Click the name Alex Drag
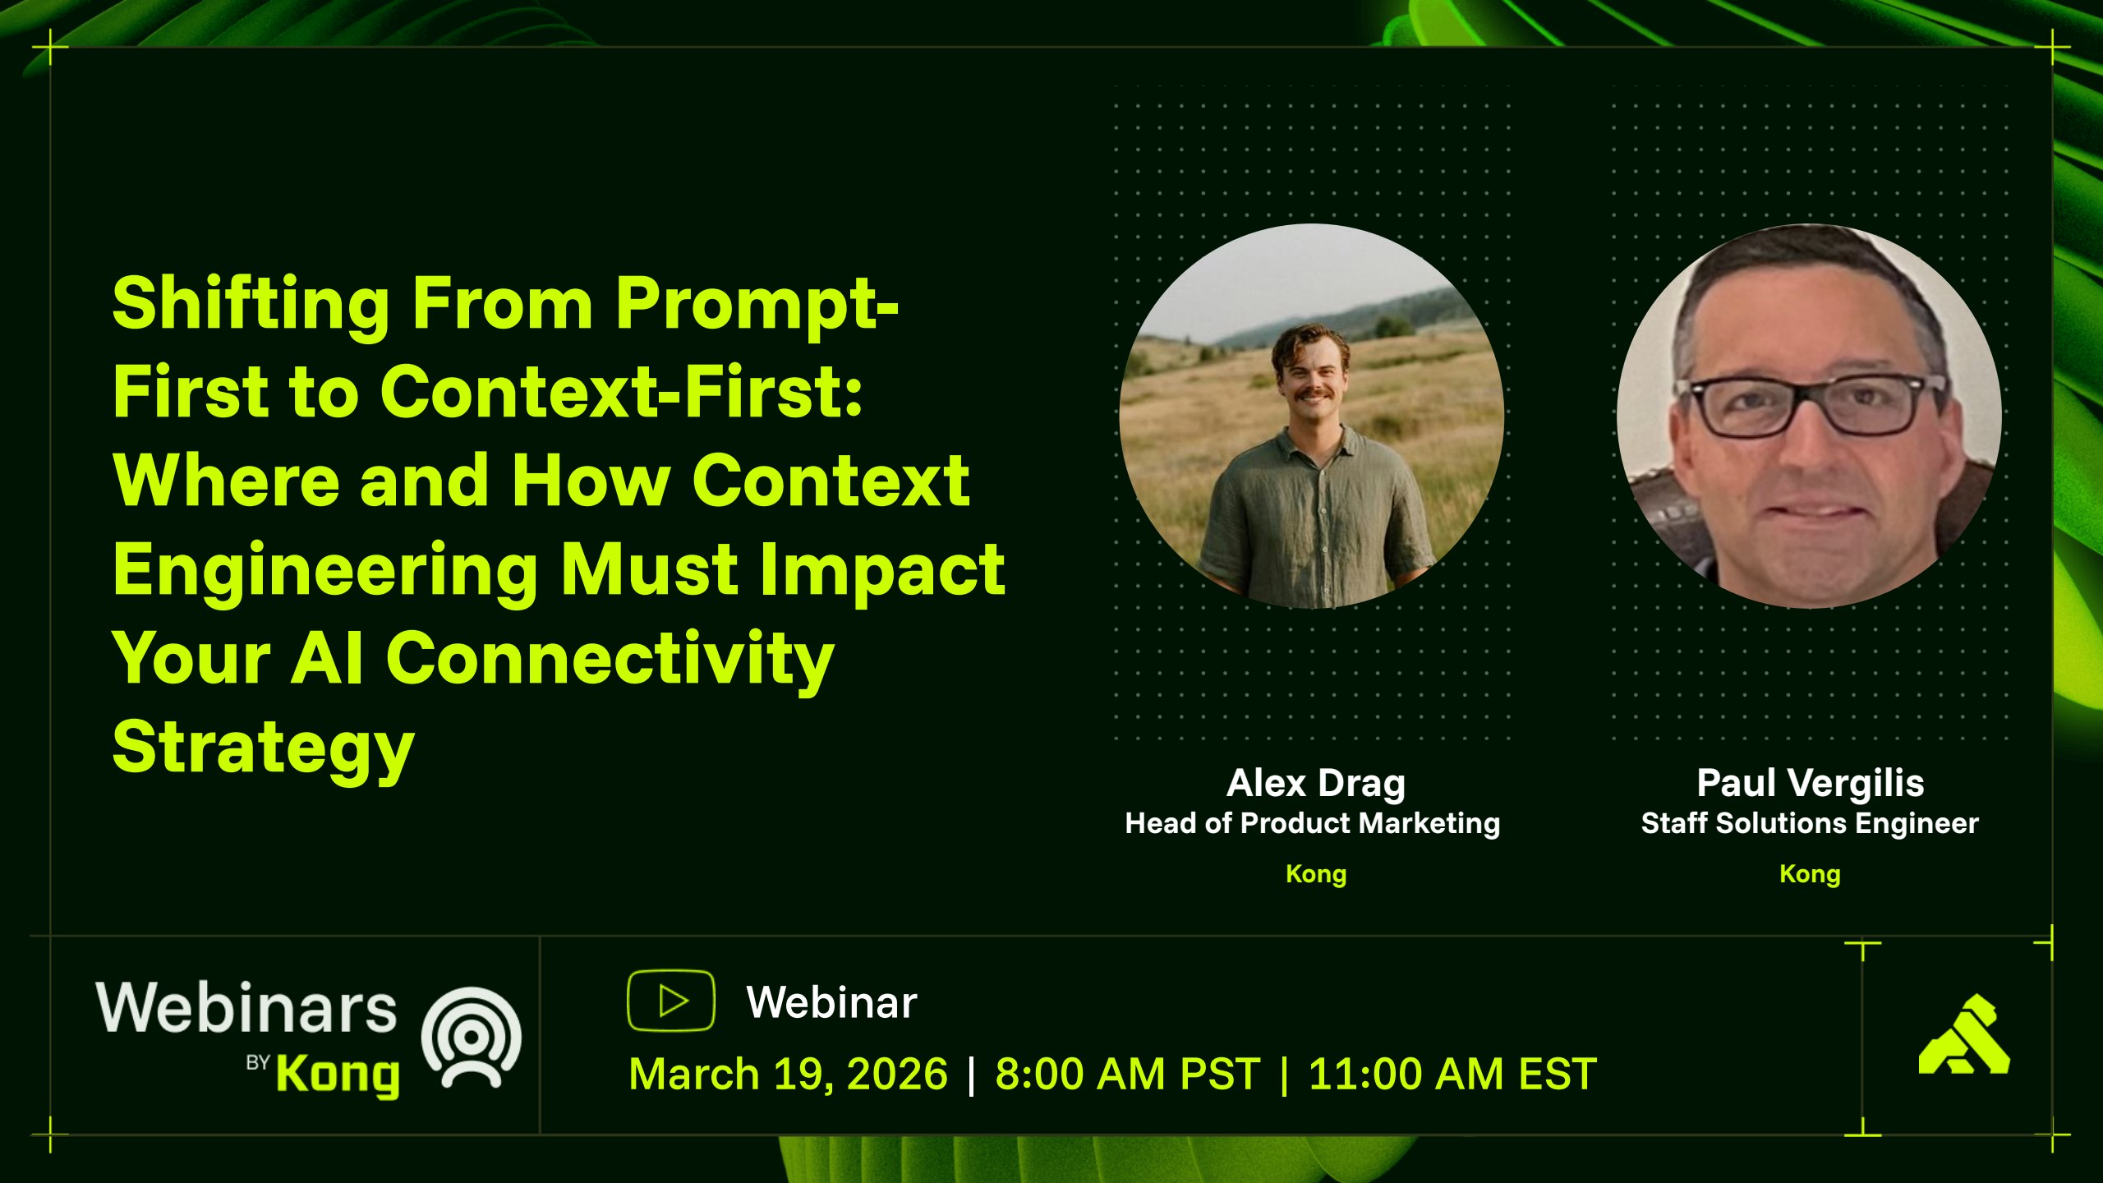click(1316, 783)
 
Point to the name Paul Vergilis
click(1811, 783)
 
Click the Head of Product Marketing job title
click(1313, 823)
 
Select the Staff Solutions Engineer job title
click(1810, 823)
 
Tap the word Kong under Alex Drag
click(1316, 874)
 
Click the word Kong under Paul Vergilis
click(1810, 874)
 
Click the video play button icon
click(671, 1001)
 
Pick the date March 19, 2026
click(789, 1075)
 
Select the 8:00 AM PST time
click(1127, 1075)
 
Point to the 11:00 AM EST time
click(1452, 1075)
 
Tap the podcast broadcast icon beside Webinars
click(472, 1038)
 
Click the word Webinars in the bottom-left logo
click(246, 1008)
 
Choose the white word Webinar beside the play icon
click(831, 1002)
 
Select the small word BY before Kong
click(258, 1062)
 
